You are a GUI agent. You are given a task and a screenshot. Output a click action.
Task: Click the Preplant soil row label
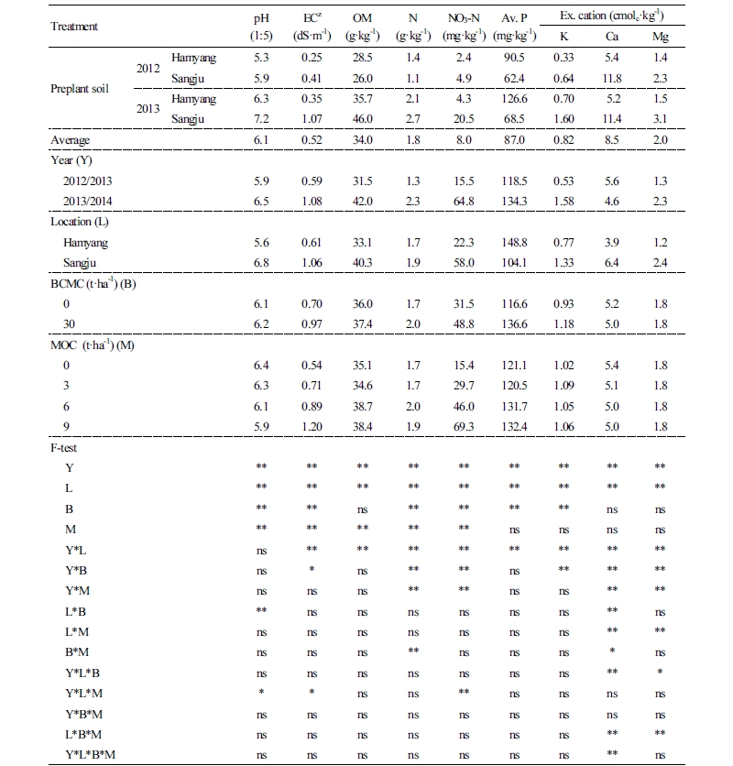pyautogui.click(x=82, y=91)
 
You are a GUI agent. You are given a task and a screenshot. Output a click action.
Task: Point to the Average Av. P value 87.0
pyautogui.click(x=514, y=139)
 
